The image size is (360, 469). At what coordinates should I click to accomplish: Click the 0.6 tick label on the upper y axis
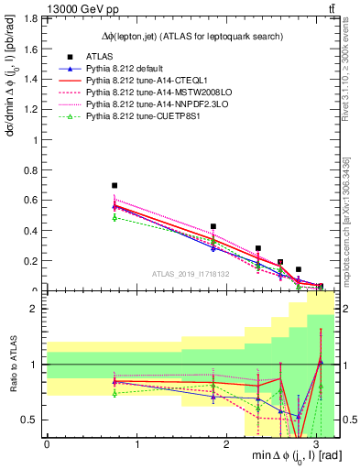(x=29, y=201)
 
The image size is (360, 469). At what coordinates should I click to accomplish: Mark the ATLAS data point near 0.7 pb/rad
(x=115, y=186)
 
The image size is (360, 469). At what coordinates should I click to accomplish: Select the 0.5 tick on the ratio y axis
(x=29, y=420)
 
